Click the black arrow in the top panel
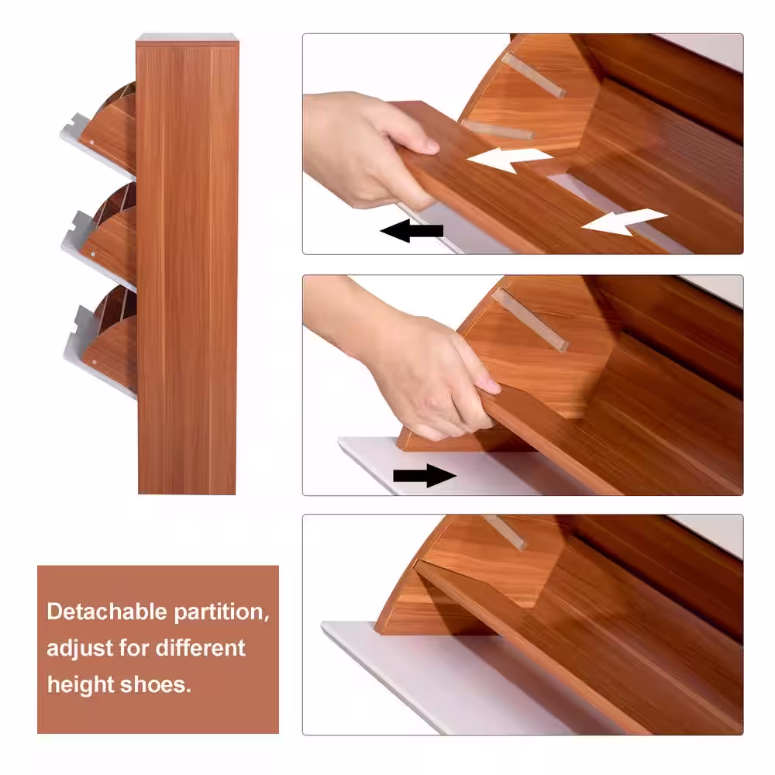coord(412,231)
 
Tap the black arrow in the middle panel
coord(425,476)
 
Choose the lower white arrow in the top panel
coord(624,222)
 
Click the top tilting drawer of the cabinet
coord(102,131)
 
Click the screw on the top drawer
coord(92,143)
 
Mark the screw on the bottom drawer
coord(95,362)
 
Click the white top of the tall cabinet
coord(188,37)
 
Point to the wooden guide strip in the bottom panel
coord(505,532)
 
